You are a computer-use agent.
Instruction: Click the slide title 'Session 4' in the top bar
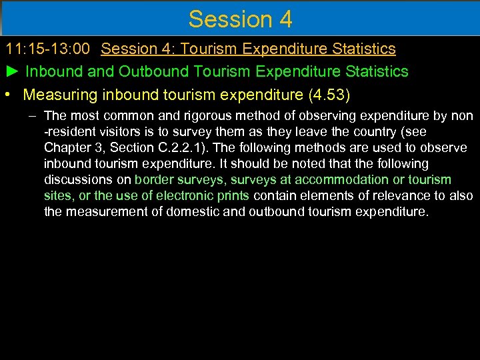pos(240,19)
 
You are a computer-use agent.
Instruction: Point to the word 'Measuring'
pos(61,93)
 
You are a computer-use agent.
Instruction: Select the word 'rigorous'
pos(198,116)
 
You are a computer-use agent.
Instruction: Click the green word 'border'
pos(154,180)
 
